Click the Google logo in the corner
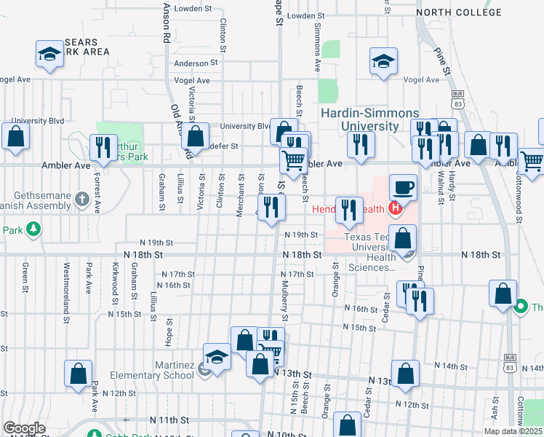(24, 428)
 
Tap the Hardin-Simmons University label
(370, 119)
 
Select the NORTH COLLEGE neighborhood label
(459, 12)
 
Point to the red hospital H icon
(395, 210)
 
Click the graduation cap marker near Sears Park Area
(50, 55)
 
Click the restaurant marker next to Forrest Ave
(103, 148)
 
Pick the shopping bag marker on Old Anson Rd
(195, 136)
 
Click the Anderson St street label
(191, 63)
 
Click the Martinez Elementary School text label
(153, 370)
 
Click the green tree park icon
(32, 230)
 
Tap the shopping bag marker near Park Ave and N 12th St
(78, 374)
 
